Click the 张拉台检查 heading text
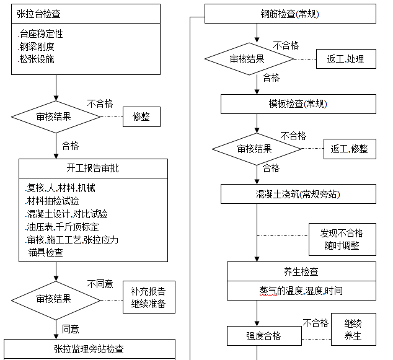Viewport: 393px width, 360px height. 39,14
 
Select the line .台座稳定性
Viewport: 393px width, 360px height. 41,34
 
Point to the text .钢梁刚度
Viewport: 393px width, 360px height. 37,46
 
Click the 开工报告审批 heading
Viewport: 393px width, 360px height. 93,168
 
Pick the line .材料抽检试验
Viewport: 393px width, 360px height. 53,201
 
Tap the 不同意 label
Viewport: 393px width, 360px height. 100,284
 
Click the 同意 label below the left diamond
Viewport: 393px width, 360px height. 71,329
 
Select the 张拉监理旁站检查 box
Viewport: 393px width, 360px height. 89,349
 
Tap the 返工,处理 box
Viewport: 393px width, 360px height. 345,59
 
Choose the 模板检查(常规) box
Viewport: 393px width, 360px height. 298,103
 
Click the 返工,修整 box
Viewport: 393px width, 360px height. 349,149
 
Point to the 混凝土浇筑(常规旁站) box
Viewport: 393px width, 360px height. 298,194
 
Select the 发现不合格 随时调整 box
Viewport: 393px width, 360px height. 342,239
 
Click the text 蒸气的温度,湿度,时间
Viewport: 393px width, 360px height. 301,290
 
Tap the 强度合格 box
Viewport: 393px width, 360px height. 264,336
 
